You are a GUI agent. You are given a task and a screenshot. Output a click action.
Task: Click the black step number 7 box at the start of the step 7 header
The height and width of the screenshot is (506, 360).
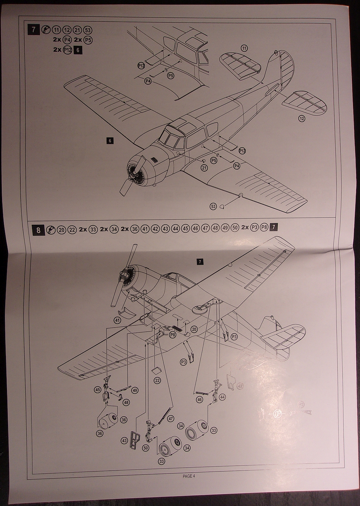click(34, 30)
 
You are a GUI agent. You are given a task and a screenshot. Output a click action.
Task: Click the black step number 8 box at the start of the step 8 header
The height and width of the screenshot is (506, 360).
click(39, 230)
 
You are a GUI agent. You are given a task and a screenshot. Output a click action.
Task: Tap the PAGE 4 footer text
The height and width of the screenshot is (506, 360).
click(188, 476)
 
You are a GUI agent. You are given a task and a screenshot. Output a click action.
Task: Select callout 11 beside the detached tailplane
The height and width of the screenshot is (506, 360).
click(244, 48)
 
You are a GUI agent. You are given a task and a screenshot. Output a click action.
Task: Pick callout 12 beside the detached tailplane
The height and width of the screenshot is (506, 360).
click(301, 119)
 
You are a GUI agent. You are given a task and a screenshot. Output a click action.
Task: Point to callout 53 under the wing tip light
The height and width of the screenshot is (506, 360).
click(213, 206)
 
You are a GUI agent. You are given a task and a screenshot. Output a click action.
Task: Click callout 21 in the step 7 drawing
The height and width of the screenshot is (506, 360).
click(204, 168)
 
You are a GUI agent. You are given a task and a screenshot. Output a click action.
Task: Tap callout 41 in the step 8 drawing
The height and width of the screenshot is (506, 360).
click(117, 320)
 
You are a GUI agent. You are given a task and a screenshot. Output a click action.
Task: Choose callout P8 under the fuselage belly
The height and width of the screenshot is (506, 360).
click(173, 335)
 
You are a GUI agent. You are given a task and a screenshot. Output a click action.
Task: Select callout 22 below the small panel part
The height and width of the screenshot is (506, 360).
click(157, 380)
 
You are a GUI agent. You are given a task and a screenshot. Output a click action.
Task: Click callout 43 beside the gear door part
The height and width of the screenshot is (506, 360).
click(124, 440)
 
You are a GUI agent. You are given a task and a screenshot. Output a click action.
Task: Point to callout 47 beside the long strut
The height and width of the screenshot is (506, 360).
click(171, 418)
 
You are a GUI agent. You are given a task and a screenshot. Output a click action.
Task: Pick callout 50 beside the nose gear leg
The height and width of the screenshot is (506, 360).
click(146, 448)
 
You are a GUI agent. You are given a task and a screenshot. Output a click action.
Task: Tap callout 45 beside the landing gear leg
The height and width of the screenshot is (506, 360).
click(97, 390)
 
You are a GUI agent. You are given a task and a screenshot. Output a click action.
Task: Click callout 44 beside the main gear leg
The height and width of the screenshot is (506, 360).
click(222, 397)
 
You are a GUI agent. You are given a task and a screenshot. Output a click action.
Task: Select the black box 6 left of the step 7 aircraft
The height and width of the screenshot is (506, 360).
click(110, 141)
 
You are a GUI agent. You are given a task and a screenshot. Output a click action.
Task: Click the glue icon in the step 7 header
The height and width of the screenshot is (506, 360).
click(45, 30)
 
